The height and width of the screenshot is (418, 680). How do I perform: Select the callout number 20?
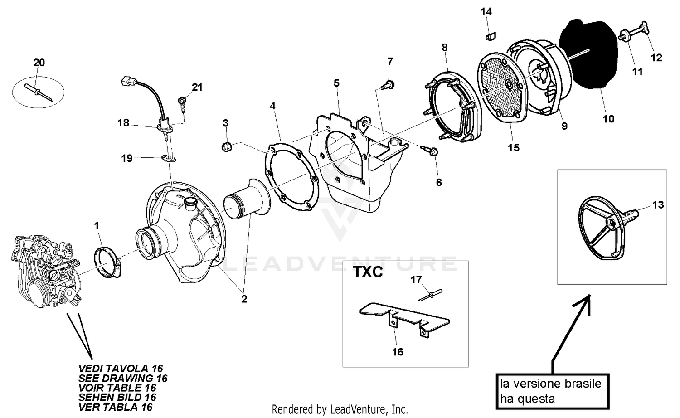(39, 63)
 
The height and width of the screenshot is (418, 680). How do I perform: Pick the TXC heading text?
(368, 272)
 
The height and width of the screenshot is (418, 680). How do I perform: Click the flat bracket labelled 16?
(403, 317)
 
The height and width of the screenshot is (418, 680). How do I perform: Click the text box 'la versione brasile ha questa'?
(551, 391)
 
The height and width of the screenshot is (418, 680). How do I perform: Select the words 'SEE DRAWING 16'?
(123, 378)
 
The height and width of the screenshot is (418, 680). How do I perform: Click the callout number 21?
(197, 87)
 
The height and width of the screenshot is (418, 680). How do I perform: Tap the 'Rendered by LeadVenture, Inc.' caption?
(340, 409)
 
